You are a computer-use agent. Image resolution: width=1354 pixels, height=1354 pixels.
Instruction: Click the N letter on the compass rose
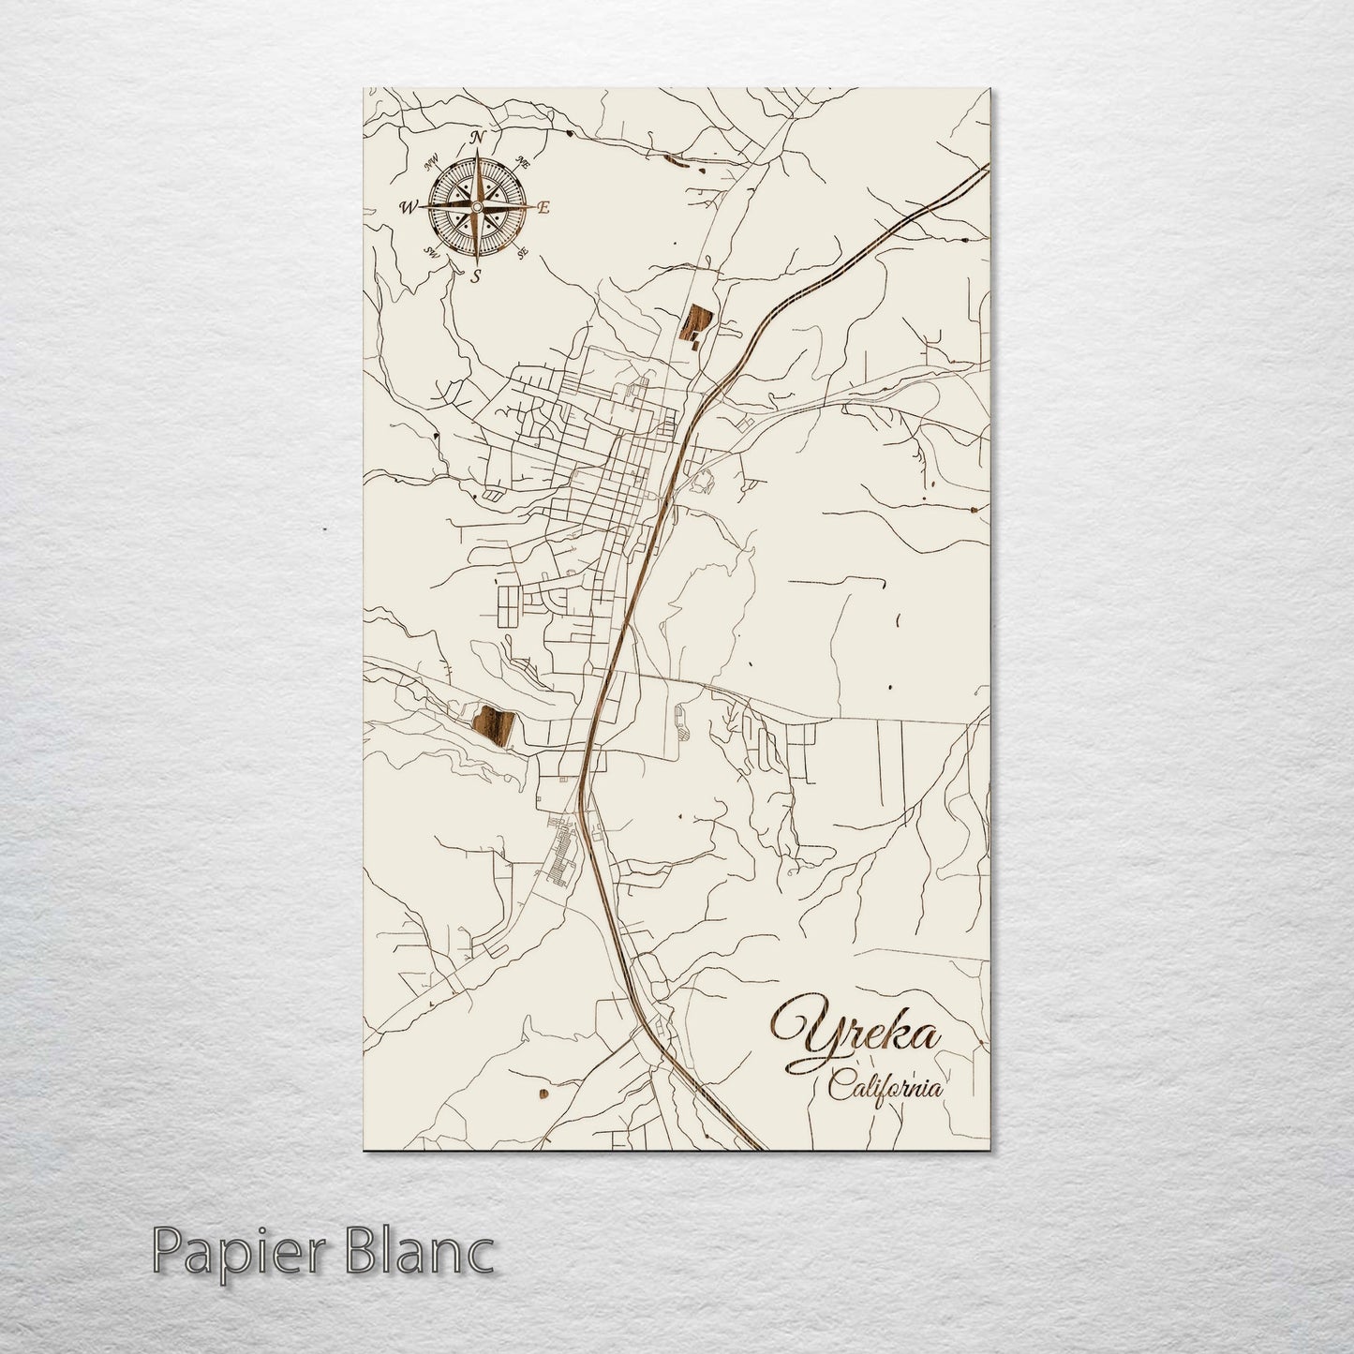click(477, 138)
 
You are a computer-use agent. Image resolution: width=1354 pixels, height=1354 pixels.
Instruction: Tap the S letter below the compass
click(476, 275)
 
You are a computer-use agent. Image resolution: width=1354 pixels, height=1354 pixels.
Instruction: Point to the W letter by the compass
click(409, 208)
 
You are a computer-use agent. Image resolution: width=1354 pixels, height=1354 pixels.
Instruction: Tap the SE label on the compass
click(523, 251)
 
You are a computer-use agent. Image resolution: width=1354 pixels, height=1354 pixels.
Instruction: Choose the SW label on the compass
click(432, 251)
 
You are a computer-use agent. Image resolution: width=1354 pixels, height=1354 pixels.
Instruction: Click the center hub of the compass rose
click(477, 206)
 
